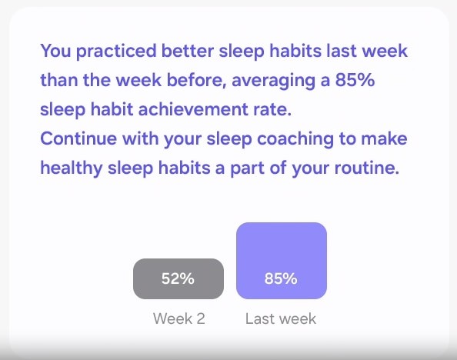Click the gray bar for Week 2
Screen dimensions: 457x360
click(x=178, y=278)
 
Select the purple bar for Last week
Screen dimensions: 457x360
click(x=282, y=261)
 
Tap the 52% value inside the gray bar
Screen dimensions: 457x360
click(x=178, y=278)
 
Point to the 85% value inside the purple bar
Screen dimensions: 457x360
click(x=281, y=278)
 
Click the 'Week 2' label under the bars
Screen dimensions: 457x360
click(x=179, y=318)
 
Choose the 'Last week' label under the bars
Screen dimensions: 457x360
click(x=281, y=318)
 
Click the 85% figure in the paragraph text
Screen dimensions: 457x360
click(x=355, y=79)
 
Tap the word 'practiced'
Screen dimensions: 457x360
click(x=116, y=52)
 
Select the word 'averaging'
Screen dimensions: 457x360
click(x=273, y=81)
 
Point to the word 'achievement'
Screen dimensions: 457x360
click(x=193, y=109)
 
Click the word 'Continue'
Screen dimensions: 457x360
click(x=78, y=138)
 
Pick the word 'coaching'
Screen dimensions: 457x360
click(x=295, y=139)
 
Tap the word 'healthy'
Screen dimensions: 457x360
click(x=72, y=168)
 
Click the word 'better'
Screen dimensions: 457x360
click(x=188, y=51)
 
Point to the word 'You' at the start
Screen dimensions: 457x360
click(x=55, y=51)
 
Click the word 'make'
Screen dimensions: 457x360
click(x=384, y=138)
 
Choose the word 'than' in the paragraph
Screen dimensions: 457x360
click(x=59, y=80)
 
